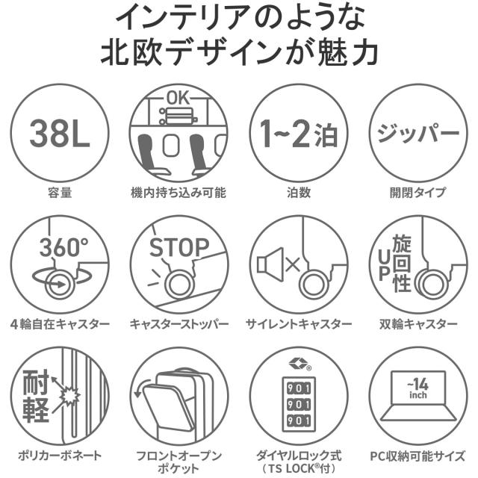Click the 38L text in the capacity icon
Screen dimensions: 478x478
60,134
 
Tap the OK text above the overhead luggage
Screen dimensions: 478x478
179,98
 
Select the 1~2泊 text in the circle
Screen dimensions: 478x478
298,135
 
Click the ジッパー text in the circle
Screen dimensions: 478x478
418,134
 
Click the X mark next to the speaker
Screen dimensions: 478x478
292,264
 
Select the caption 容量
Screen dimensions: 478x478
60,193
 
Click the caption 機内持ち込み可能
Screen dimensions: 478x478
179,193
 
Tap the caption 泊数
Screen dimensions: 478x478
299,193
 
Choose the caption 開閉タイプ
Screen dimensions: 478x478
418,193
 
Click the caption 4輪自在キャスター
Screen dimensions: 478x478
60,324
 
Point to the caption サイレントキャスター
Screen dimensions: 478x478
299,324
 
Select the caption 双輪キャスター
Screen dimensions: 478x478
418,324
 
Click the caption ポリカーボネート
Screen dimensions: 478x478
60,454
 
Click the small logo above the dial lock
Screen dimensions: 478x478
299,364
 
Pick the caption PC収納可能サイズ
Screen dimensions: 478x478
418,454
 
